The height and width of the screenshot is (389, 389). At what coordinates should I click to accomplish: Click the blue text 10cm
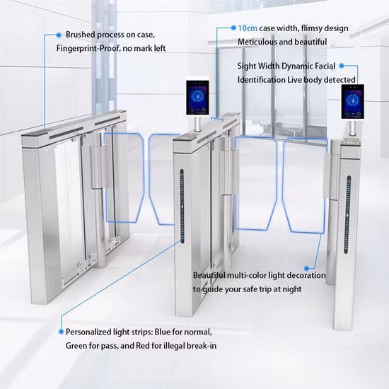point(248,28)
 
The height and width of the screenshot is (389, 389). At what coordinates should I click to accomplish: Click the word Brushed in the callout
point(81,35)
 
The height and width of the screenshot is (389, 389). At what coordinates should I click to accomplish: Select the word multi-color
point(247,275)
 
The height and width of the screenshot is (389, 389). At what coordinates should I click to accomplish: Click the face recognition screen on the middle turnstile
point(197,98)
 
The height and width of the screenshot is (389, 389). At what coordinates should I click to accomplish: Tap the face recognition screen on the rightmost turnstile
point(352,101)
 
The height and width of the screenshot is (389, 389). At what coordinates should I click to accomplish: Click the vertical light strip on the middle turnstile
point(182,206)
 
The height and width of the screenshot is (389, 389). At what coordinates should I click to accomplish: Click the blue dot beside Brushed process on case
point(59,35)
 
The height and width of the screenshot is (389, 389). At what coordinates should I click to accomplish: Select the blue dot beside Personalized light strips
point(61,332)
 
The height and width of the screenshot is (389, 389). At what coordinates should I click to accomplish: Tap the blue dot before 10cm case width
point(233,28)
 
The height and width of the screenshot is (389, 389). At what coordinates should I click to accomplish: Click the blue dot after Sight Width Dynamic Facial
point(342,66)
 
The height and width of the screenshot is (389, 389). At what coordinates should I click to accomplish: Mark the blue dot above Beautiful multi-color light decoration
point(307,269)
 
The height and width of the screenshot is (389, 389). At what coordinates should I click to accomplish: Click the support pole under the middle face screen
point(197,124)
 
